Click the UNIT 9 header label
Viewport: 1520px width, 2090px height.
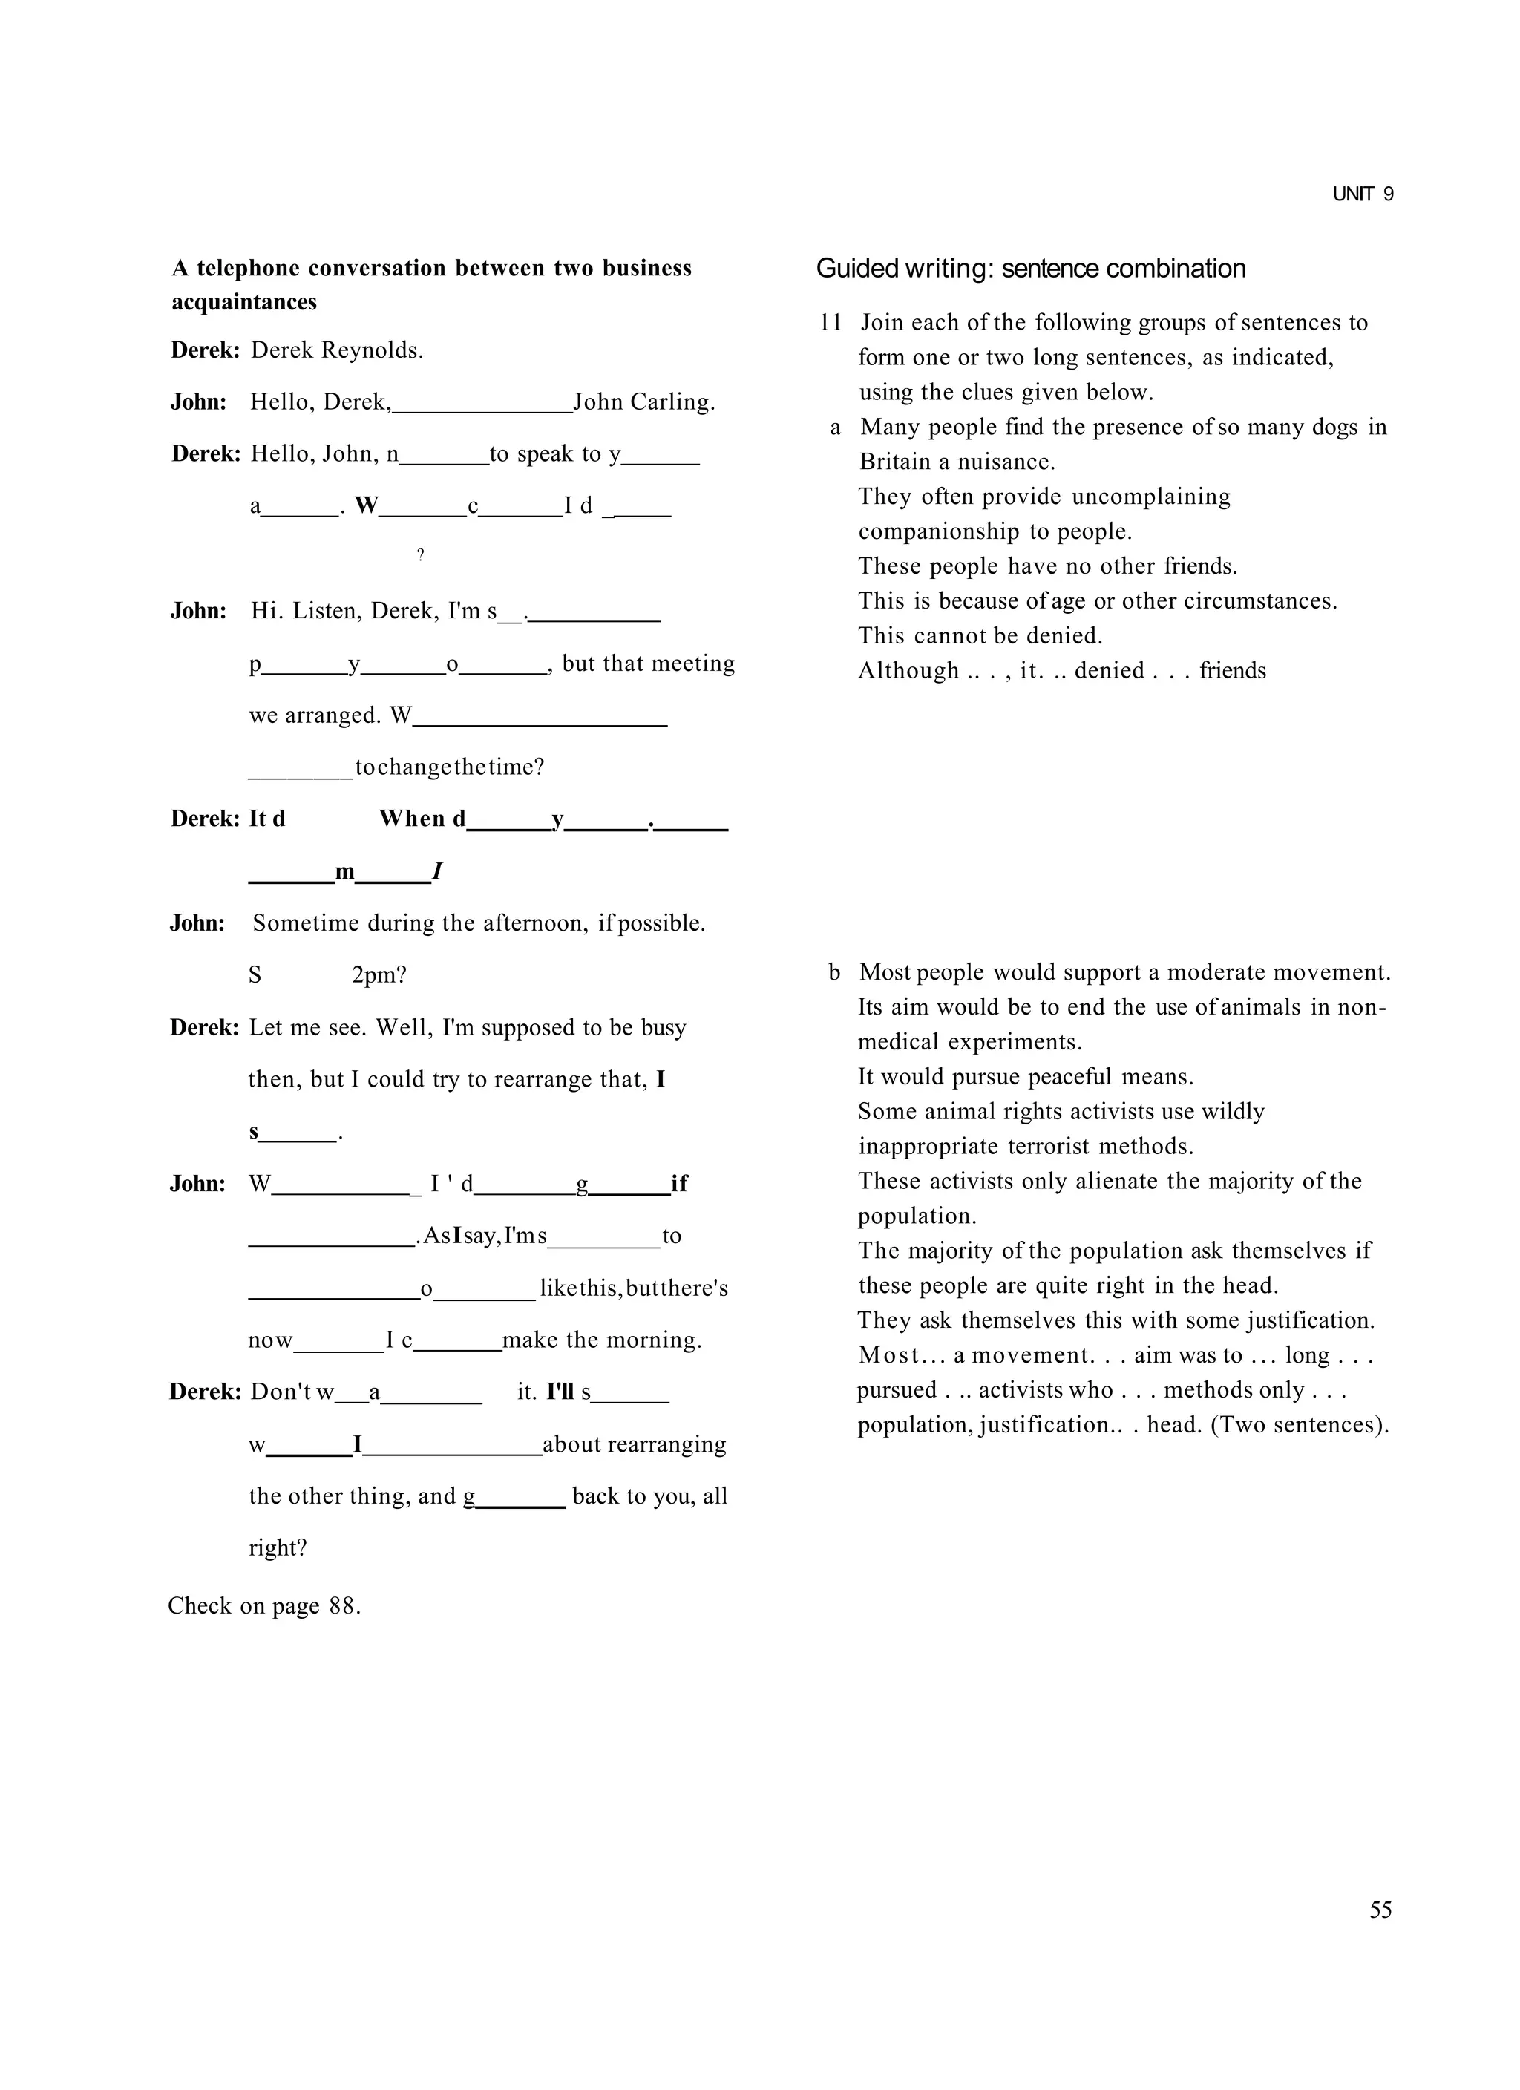1363,194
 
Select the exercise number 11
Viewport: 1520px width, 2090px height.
830,323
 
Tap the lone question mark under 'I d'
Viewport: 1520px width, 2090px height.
420,554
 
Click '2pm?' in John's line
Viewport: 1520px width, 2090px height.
379,975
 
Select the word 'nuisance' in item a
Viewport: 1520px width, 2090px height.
1005,462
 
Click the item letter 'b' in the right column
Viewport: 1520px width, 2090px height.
834,972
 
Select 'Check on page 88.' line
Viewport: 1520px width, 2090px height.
264,1606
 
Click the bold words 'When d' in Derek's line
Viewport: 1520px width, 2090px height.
422,819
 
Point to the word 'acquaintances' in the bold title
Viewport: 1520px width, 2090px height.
243,302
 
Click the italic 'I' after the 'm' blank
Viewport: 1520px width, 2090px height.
437,871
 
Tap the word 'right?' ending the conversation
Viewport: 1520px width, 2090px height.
278,1547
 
